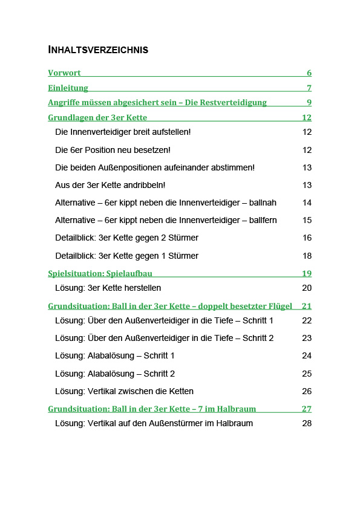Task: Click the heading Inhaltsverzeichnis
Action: pyautogui.click(x=98, y=50)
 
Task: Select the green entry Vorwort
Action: pyautogui.click(x=64, y=73)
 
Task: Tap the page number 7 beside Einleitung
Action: pyautogui.click(x=309, y=88)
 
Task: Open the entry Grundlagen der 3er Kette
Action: pyautogui.click(x=97, y=117)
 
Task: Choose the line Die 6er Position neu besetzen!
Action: pyautogui.click(x=113, y=149)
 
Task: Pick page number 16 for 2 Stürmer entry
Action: pyautogui.click(x=307, y=238)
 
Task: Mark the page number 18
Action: pyautogui.click(x=307, y=256)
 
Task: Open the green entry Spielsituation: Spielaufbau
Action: pyautogui.click(x=100, y=273)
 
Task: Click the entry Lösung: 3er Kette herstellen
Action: pyautogui.click(x=108, y=288)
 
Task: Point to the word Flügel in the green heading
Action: pyautogui.click(x=280, y=306)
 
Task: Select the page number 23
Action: pyautogui.click(x=307, y=338)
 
